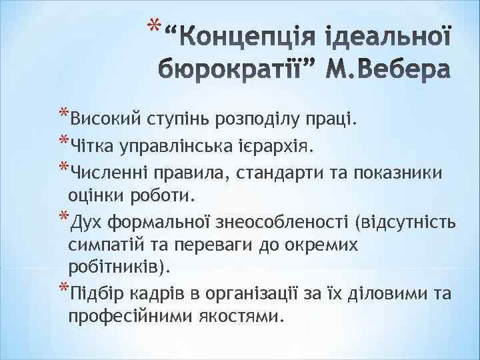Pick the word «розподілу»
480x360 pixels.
[x=261, y=119]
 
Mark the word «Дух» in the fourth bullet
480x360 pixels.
[x=86, y=221]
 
